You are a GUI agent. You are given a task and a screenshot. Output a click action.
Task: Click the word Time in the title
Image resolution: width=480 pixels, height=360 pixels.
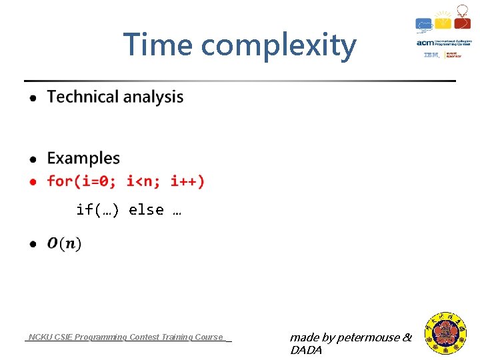click(x=157, y=45)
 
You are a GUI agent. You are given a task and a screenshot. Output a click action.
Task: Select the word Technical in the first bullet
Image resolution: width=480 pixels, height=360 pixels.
click(x=83, y=97)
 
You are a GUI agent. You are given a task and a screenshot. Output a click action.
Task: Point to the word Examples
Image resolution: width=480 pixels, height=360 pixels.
click(x=83, y=159)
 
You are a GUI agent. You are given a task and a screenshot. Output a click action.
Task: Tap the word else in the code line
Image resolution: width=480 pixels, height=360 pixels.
click(x=146, y=210)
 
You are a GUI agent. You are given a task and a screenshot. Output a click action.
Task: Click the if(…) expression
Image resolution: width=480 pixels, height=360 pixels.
click(x=97, y=210)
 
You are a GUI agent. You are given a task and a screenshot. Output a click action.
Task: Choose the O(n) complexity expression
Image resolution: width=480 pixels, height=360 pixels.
click(x=65, y=244)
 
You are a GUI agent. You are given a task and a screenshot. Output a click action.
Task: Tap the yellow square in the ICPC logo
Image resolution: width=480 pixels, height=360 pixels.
click(x=443, y=23)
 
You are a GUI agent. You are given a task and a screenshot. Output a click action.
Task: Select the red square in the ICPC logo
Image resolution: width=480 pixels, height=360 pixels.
click(x=462, y=23)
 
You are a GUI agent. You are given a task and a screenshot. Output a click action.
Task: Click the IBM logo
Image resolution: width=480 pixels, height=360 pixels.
click(x=431, y=55)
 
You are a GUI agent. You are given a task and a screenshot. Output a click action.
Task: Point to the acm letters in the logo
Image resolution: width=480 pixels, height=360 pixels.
click(x=425, y=43)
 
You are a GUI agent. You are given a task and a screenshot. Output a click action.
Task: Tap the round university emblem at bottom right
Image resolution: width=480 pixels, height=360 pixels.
click(x=446, y=333)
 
